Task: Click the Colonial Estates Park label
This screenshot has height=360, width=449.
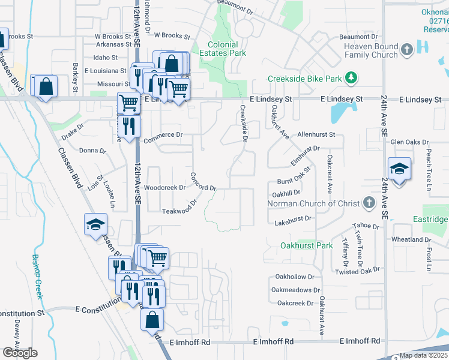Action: pyautogui.click(x=227, y=49)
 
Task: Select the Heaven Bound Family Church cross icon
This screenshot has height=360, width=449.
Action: pyautogui.click(x=406, y=49)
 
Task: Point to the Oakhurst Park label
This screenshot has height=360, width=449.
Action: pyautogui.click(x=307, y=245)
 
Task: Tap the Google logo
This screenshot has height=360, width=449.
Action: pyautogui.click(x=20, y=353)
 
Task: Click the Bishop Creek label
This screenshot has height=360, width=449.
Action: pyautogui.click(x=38, y=274)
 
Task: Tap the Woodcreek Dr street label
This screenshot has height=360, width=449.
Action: pyautogui.click(x=164, y=187)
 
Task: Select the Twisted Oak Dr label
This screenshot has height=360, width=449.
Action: pyautogui.click(x=358, y=271)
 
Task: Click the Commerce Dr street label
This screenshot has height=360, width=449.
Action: pyautogui.click(x=163, y=135)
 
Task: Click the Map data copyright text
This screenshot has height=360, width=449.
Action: pyautogui.click(x=424, y=355)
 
